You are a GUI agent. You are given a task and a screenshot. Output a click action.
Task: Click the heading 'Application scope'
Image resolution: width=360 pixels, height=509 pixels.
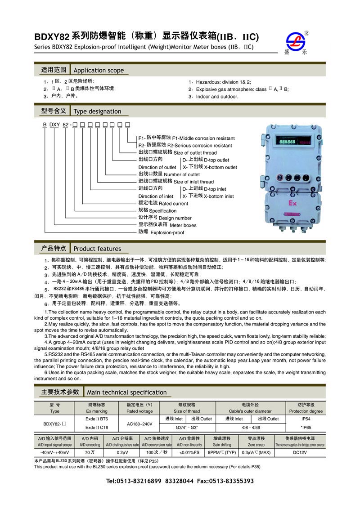pos(99,71)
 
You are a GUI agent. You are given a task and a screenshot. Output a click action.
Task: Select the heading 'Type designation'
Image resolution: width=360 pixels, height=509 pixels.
pos(97,112)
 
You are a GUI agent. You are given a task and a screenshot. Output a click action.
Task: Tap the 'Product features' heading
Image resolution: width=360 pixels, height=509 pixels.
pos(97,249)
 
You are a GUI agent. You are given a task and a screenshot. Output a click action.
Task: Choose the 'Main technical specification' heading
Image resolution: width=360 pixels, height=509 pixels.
pos(126,392)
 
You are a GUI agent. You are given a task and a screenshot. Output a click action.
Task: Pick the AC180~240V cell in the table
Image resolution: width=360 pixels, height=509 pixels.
pos(139,424)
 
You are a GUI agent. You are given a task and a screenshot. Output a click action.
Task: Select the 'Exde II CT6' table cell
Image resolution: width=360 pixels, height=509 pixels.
pos(96,428)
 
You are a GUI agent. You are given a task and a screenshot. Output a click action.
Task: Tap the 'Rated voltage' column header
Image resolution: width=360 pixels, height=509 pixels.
pos(139,411)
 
